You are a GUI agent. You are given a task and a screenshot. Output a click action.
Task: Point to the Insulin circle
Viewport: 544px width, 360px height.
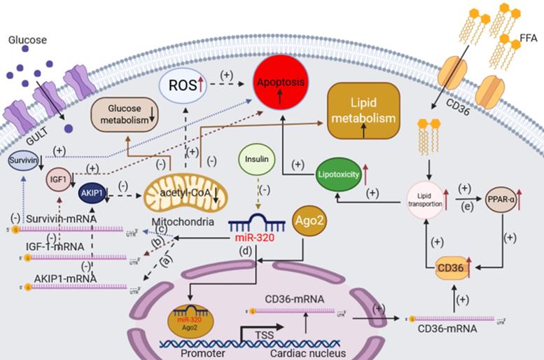[257, 158]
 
